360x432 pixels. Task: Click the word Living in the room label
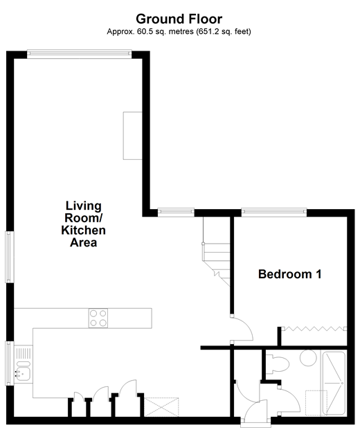[x=83, y=206]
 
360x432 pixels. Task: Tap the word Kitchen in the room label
[x=83, y=231]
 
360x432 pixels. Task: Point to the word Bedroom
[x=282, y=274]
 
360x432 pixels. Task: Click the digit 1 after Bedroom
[x=318, y=274]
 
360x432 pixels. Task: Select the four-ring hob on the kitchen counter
[x=98, y=318]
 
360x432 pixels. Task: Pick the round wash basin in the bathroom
[x=309, y=361]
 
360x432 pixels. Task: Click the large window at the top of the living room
[x=78, y=54]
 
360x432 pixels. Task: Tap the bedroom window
[x=273, y=211]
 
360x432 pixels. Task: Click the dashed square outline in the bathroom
[x=316, y=402]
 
